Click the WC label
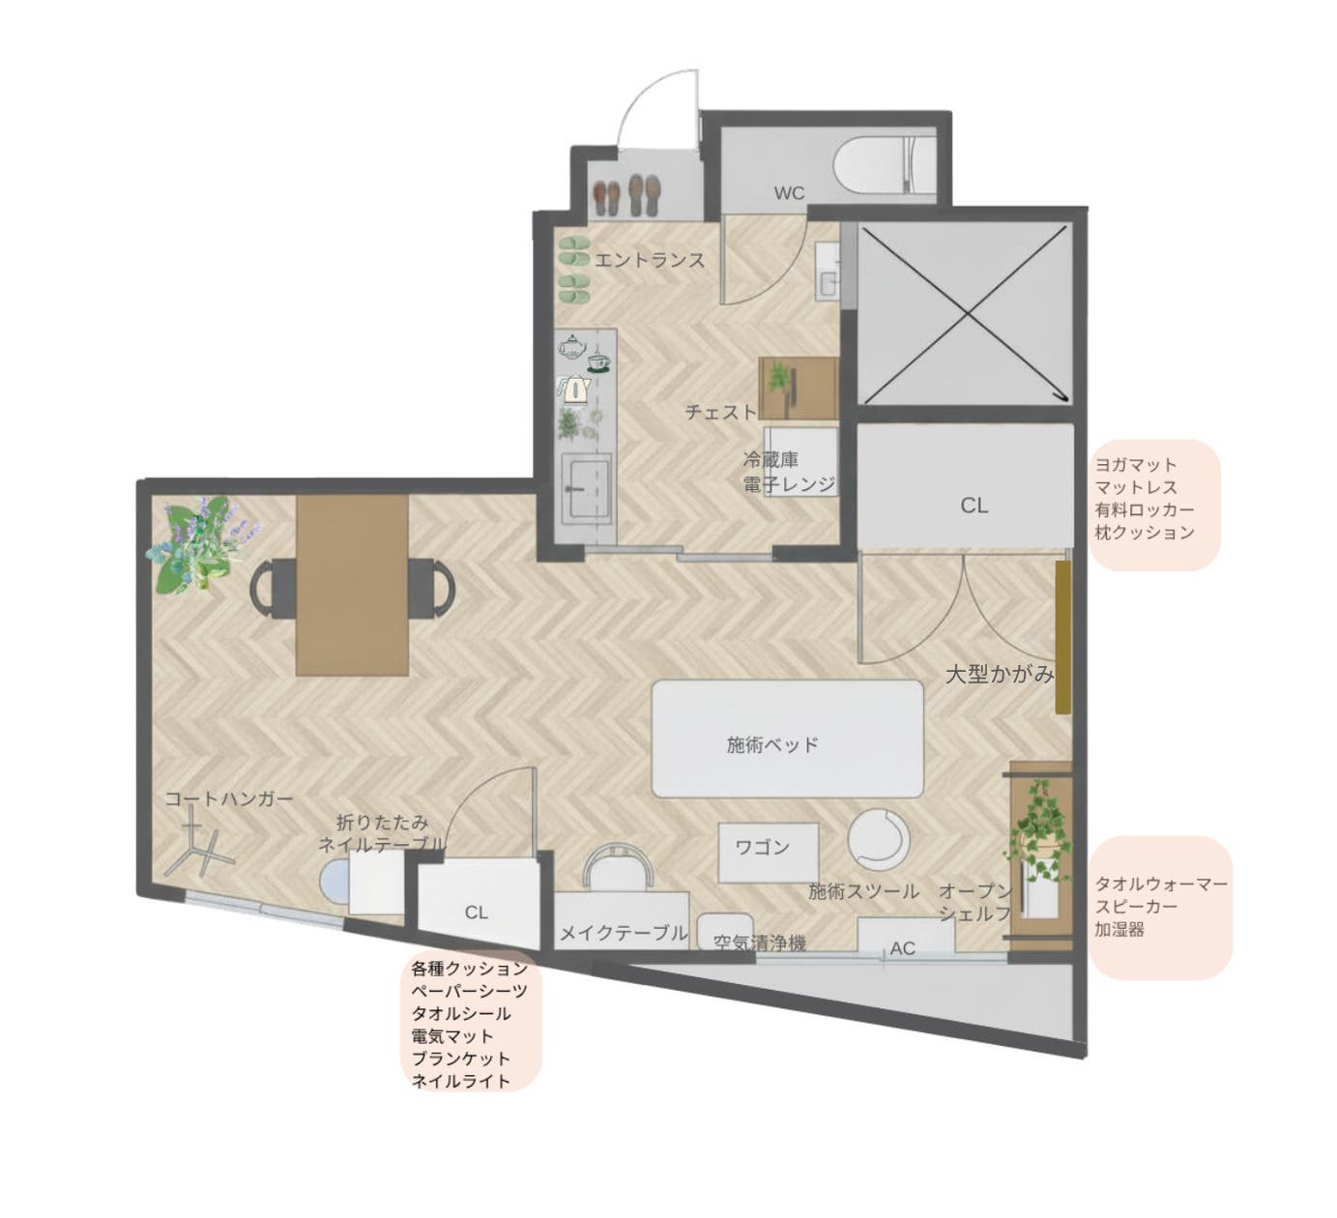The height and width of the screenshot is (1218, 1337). pos(789,193)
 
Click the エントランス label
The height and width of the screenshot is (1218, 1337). pos(649,260)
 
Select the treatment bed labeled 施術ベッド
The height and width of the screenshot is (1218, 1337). pos(787,739)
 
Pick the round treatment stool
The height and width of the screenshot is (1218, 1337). pos(879,838)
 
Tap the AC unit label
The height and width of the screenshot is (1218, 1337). pos(902,948)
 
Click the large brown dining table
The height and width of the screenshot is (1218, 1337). pos(352,586)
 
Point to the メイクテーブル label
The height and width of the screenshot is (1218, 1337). pos(624,933)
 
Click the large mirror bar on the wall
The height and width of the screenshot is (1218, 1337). pos(1062,637)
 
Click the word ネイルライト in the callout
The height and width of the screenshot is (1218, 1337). pos(460,1081)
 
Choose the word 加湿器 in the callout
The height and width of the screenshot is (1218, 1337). pos(1119,929)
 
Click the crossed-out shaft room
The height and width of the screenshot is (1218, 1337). pos(965,314)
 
